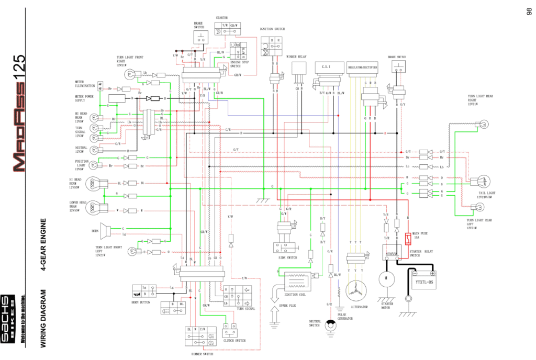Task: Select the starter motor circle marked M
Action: click(386, 278)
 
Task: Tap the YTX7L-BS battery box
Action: click(423, 282)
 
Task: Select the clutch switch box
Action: click(231, 331)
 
